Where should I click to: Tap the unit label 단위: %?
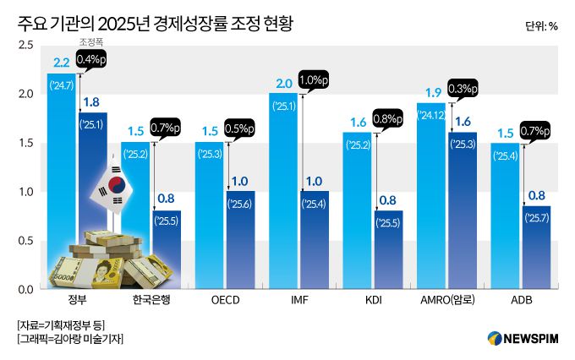click(x=540, y=25)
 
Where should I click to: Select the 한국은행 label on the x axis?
click(x=152, y=302)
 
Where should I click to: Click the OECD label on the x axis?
click(x=227, y=302)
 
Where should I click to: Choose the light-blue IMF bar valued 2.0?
click(x=283, y=194)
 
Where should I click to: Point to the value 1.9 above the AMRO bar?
click(x=433, y=92)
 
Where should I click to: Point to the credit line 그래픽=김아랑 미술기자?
click(x=71, y=339)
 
